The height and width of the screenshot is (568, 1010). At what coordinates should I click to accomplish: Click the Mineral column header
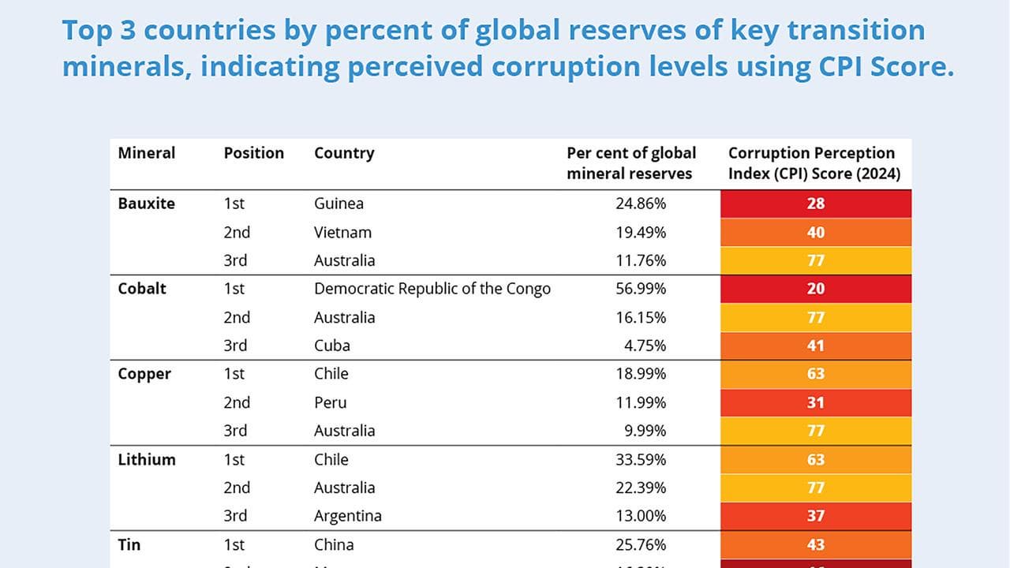pos(147,153)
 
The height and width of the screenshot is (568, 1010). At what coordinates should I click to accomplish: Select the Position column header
pos(253,153)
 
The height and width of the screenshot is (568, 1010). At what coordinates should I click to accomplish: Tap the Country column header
pos(344,153)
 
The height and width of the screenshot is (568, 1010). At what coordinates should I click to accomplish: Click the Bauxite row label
pos(147,204)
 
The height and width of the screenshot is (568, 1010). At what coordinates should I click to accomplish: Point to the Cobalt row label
pos(142,289)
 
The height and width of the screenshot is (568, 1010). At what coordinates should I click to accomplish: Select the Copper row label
pos(144,374)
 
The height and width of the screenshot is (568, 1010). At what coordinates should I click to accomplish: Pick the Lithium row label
pos(147,459)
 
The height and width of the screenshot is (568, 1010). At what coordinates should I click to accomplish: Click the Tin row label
pos(129,544)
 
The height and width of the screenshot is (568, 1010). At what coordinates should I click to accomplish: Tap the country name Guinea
pos(339,204)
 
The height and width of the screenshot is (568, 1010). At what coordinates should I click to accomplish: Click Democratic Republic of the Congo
pos(432,289)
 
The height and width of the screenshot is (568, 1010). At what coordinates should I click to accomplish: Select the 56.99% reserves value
pos(641,289)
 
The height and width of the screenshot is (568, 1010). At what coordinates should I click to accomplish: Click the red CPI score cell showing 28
pos(816,204)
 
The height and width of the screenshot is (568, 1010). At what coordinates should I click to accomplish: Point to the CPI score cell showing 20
pos(816,289)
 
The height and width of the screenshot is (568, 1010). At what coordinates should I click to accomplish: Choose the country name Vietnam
pos(342,232)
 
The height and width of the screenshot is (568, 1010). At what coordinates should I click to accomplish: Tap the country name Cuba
pos(332,346)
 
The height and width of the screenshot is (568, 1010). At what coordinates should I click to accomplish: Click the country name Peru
pos(330,402)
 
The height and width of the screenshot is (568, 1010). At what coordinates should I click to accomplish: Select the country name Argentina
pos(348,516)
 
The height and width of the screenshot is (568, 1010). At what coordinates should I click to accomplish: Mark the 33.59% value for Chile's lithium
pos(641,459)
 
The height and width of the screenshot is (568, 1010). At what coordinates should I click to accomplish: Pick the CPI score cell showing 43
pos(816,544)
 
